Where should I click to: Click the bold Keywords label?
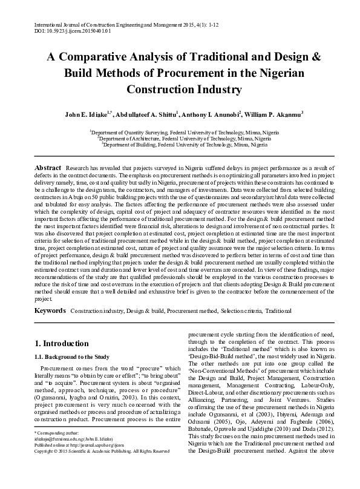(x=50, y=310)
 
